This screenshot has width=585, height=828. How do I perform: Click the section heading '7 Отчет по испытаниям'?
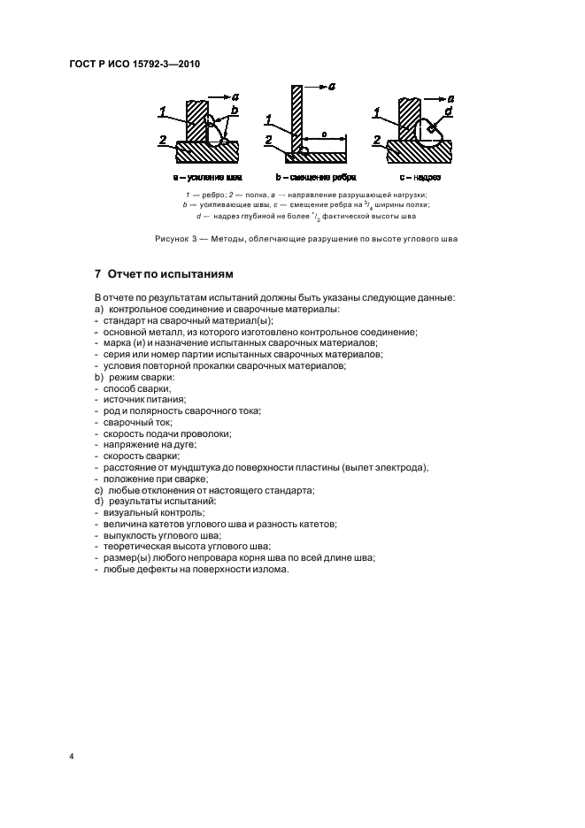click(x=164, y=273)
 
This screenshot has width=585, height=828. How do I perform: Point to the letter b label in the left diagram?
click(x=235, y=111)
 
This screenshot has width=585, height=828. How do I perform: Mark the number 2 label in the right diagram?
click(x=376, y=140)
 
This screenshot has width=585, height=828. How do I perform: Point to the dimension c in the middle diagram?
click(x=324, y=134)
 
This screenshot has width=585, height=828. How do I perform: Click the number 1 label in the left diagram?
click(x=164, y=111)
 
